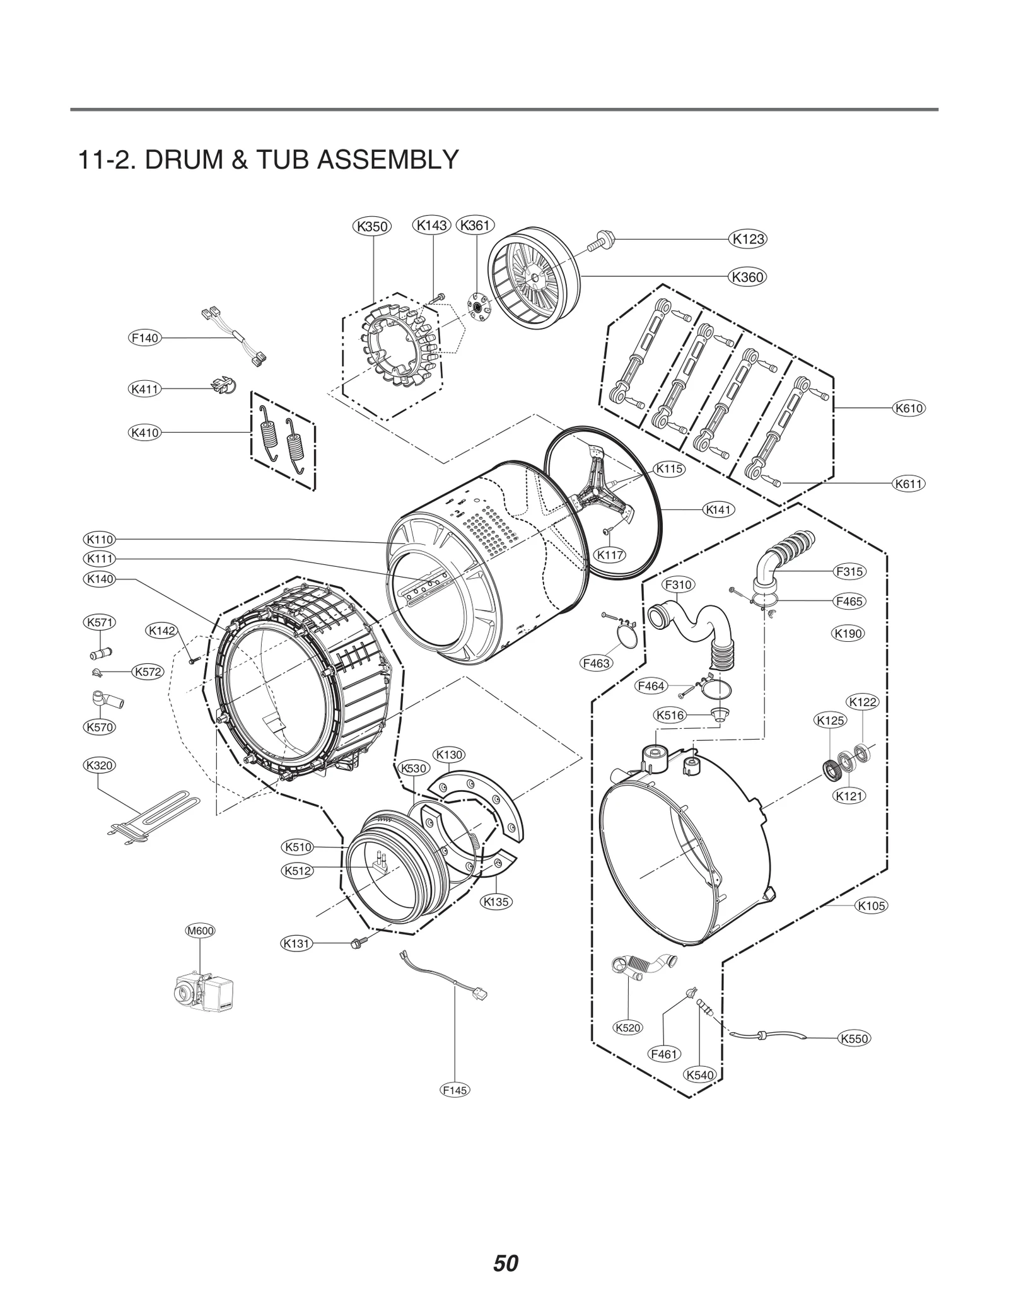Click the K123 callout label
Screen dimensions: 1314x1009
point(749,239)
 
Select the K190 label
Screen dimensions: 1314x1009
point(848,634)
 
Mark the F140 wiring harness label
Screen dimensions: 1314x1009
point(144,338)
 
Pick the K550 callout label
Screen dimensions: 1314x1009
point(854,1038)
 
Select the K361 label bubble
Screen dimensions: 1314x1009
point(475,225)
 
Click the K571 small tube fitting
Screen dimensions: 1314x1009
point(101,651)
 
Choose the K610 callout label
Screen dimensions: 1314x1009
point(909,408)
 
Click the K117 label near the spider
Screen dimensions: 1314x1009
point(610,555)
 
